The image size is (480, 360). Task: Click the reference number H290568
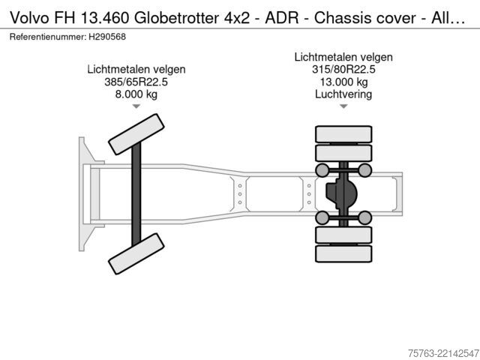point(107,37)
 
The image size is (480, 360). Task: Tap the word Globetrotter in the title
point(177,18)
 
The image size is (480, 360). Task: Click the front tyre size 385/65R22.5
point(136,82)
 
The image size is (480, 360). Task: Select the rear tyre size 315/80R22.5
point(343,69)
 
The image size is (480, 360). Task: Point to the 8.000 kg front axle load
point(136,94)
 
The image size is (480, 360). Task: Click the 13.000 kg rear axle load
point(343,82)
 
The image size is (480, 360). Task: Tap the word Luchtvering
point(343,94)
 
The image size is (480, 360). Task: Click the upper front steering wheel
point(136,134)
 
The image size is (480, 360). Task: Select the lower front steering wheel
point(136,253)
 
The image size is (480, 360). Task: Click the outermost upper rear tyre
point(343,134)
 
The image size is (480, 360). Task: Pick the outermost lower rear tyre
point(343,253)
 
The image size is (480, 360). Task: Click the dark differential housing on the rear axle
point(341,193)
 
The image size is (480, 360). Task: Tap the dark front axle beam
point(136,194)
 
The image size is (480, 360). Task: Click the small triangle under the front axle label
point(136,106)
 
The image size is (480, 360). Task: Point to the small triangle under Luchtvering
point(343,106)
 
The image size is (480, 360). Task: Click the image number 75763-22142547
point(443,353)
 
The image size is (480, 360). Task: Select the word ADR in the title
point(282,18)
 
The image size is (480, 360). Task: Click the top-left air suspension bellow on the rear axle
point(322,170)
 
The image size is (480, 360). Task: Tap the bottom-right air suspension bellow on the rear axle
point(365,217)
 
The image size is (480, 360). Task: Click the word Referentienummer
point(48,37)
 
